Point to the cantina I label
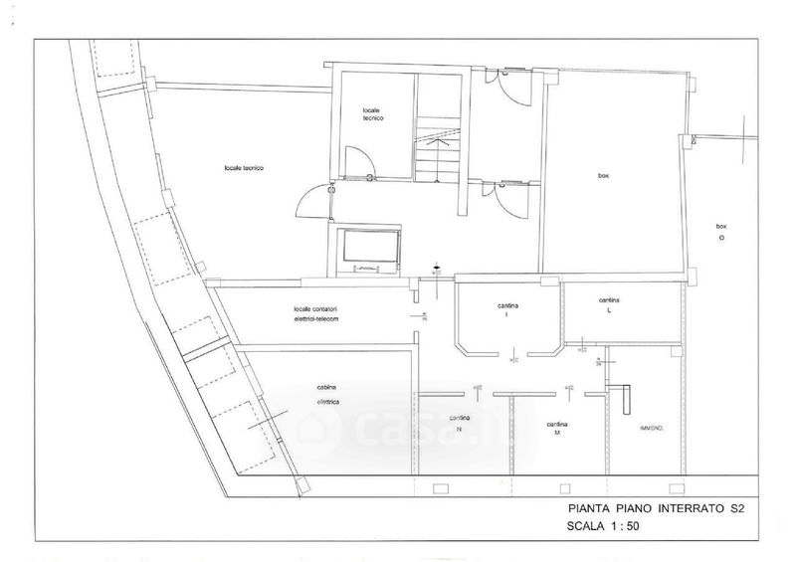click(506, 309)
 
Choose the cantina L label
click(610, 303)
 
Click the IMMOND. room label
click(652, 428)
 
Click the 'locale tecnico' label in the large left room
click(244, 168)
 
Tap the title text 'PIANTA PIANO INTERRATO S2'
click(648, 509)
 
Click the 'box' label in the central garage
click(603, 176)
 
